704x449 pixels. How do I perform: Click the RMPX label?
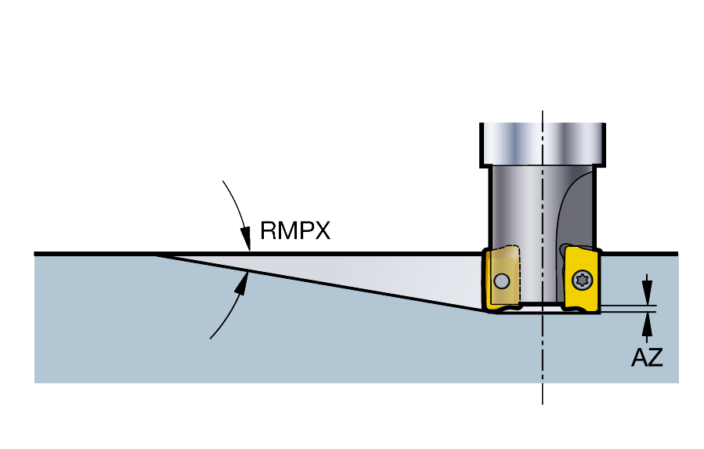(295, 230)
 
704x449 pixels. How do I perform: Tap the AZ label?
(647, 358)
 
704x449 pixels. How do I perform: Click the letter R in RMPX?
(269, 230)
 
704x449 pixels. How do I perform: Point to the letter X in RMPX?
(323, 230)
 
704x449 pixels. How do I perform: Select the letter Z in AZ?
(655, 358)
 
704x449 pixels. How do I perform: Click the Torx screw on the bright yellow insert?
(583, 281)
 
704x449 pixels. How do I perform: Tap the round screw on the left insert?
(501, 281)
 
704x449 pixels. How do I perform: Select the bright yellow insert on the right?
(583, 279)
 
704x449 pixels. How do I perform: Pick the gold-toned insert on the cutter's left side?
(502, 279)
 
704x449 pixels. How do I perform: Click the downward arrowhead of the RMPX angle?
(246, 238)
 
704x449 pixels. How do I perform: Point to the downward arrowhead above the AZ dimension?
(647, 291)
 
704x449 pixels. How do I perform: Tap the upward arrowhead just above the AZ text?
(647, 324)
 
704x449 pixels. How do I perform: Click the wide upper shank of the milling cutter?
(543, 144)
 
